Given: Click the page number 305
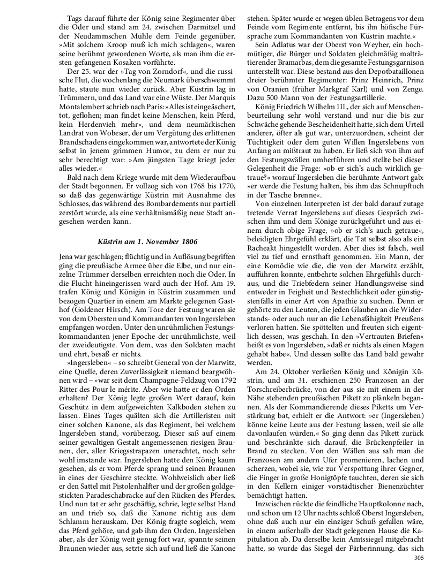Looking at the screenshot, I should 419,557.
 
